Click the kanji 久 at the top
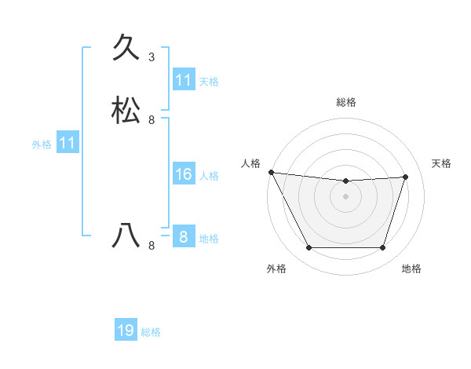[x=126, y=49]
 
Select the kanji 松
[x=126, y=111]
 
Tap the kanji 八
[x=126, y=235]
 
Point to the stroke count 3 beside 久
[x=152, y=57]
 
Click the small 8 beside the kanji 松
[x=152, y=120]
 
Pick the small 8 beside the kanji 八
[x=152, y=245]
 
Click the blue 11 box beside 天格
[x=184, y=80]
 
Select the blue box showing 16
[x=184, y=174]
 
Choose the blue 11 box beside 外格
[x=68, y=143]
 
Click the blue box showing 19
[x=126, y=331]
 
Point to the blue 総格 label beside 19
[x=151, y=332]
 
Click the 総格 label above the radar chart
[x=346, y=102]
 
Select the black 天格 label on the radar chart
[x=442, y=163]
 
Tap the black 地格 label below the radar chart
[x=411, y=269]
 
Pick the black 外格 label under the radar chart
[x=276, y=269]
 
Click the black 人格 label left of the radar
[x=250, y=163]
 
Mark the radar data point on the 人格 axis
[x=271, y=172]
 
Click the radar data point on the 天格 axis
[x=406, y=177]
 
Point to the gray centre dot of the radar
[x=345, y=196]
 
